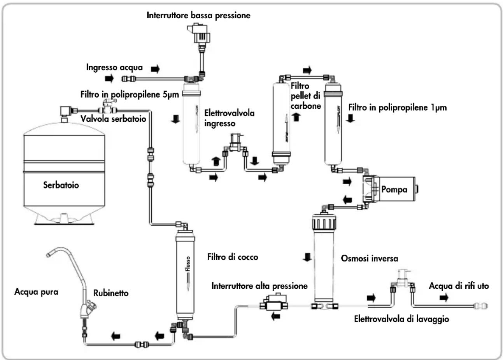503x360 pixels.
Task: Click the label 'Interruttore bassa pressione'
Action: [x=198, y=16]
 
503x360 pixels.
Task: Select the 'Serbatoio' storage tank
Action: [x=64, y=173]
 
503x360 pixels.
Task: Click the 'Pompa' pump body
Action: [x=391, y=189]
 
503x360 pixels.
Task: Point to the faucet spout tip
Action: [x=48, y=255]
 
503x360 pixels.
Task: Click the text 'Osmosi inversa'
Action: [x=370, y=258]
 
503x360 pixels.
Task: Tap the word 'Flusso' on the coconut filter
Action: [x=188, y=264]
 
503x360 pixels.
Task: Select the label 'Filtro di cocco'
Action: [x=233, y=257]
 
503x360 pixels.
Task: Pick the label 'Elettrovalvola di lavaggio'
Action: [x=401, y=319]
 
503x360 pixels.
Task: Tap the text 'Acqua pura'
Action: [x=36, y=292]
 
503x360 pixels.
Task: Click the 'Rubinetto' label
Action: [x=111, y=293]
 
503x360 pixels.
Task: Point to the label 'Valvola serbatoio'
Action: [x=114, y=119]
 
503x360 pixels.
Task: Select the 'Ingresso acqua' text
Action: [x=114, y=67]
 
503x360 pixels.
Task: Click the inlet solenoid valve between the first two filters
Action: [x=235, y=143]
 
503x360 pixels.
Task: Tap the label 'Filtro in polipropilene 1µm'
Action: [x=398, y=108]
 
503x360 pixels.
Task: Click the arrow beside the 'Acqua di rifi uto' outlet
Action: [x=444, y=298]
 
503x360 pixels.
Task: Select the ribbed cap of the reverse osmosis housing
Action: [x=324, y=222]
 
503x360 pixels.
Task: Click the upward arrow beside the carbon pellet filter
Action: [x=296, y=117]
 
